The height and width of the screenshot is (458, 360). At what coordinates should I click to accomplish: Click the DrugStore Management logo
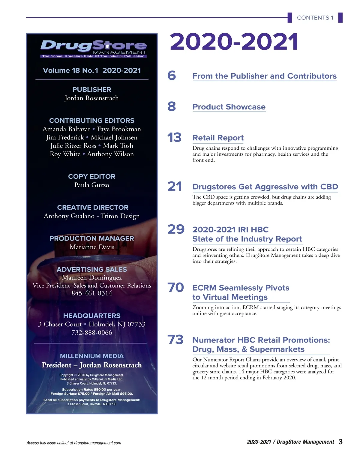pyautogui.click(x=93, y=48)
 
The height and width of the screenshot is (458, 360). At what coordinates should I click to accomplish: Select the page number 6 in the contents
pyautogui.click(x=172, y=76)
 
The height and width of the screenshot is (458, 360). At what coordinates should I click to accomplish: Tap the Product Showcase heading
pyautogui.click(x=229, y=107)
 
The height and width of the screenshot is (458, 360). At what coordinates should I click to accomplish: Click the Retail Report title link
pyautogui.click(x=218, y=138)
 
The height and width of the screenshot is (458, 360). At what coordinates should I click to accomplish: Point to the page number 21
pyautogui.click(x=174, y=187)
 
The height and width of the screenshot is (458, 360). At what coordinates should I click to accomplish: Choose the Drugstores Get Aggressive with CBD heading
pyautogui.click(x=265, y=187)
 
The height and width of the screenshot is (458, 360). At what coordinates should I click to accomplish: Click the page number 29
pyautogui.click(x=176, y=229)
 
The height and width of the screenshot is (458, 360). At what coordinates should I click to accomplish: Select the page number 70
pyautogui.click(x=175, y=288)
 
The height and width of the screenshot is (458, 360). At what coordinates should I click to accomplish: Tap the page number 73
pyautogui.click(x=175, y=340)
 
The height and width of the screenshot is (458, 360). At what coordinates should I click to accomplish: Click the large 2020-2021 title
pyautogui.click(x=234, y=42)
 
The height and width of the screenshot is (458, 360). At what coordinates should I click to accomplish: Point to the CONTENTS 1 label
pyautogui.click(x=315, y=18)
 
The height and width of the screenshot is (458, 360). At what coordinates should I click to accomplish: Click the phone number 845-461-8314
pyautogui.click(x=92, y=293)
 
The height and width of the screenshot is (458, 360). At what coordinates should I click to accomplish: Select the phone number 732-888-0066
pyautogui.click(x=92, y=333)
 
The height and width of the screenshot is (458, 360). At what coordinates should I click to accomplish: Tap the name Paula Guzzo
pyautogui.click(x=92, y=185)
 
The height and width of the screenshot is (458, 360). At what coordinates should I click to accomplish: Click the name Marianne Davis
pyautogui.click(x=92, y=247)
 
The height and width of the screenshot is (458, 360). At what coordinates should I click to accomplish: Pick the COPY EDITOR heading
pyautogui.click(x=92, y=177)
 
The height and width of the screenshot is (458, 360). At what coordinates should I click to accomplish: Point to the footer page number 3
pyautogui.click(x=340, y=442)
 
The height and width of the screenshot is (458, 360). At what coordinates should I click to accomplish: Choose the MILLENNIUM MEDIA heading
pyautogui.click(x=92, y=356)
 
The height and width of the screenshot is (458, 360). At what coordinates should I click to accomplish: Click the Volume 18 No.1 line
pyautogui.click(x=92, y=70)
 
